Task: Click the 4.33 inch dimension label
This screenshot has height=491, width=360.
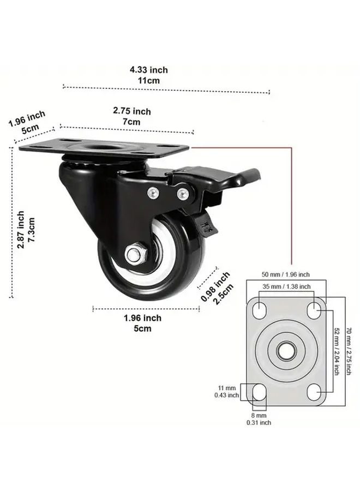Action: pos(148,70)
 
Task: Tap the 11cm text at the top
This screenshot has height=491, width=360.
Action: pos(148,80)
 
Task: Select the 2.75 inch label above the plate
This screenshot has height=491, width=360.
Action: pos(131,111)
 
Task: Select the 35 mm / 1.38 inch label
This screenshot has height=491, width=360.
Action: pos(286,286)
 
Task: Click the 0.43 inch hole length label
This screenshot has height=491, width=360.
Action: pos(226,395)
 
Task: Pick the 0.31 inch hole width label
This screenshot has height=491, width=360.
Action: pos(259,422)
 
